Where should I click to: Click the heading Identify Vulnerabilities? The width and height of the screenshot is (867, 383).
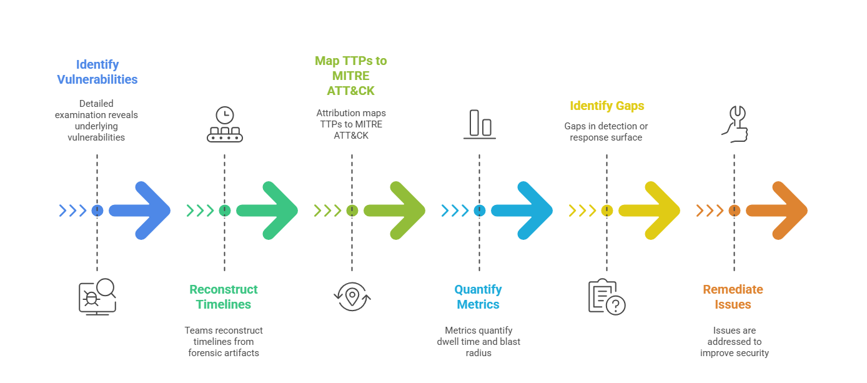(97, 72)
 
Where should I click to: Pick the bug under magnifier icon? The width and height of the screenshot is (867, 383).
(97, 296)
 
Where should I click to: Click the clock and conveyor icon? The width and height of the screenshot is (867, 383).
(224, 124)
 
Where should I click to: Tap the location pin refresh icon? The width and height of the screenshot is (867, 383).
(352, 296)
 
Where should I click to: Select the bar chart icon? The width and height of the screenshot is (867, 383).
(480, 124)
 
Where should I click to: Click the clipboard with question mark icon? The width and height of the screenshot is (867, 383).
(607, 296)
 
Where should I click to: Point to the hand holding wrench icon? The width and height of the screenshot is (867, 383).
(735, 124)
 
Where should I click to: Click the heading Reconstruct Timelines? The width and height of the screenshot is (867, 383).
(224, 297)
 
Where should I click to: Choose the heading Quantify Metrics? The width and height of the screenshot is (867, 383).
(478, 297)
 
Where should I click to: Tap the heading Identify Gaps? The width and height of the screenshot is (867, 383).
(607, 106)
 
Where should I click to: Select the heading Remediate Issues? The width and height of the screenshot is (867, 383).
(733, 297)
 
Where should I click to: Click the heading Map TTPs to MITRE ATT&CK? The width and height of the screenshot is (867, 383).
(351, 76)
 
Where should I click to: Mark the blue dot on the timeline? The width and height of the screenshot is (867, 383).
(97, 211)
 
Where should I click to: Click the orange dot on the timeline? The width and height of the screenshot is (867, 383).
(735, 211)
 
